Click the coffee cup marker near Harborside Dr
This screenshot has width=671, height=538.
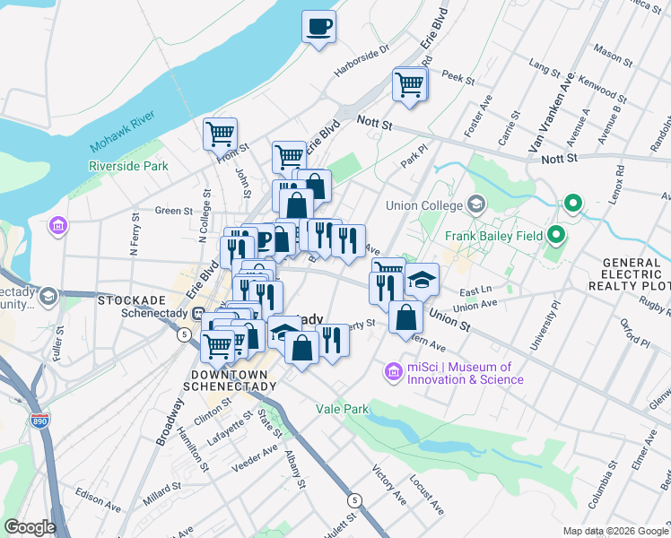[318, 26]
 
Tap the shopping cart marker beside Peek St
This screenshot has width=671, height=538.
[409, 85]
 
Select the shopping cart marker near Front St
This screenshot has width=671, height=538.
[220, 134]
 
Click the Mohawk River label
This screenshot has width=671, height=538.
[124, 132]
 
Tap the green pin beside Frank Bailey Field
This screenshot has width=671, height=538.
[556, 237]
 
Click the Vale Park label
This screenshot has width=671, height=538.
[343, 409]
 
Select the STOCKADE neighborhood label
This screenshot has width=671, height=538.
[154, 298]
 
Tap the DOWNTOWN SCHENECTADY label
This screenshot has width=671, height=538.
[230, 380]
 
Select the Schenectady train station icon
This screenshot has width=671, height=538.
[199, 313]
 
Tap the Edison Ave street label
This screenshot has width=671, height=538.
[98, 500]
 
